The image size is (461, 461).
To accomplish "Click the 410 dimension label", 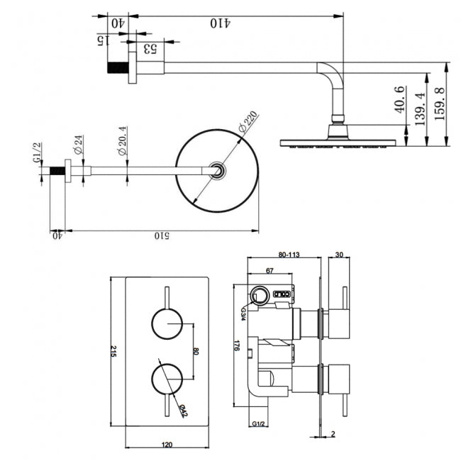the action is pos(220,23).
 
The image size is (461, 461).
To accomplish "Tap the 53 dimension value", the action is pos(150,48).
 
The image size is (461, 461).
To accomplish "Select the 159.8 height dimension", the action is pos(440,104).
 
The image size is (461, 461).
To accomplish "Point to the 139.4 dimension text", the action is pos(420,109).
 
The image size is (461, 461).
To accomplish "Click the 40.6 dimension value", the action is pos(400,99).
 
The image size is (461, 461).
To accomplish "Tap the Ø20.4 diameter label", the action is pos(122,140).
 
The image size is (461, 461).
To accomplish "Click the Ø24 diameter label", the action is pos(78,145).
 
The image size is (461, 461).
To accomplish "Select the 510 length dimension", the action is pos(162,235).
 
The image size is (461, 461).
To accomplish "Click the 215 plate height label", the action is pos(113,351).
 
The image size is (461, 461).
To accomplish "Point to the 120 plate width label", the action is pos(167,445).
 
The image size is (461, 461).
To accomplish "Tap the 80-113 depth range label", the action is pos(289,255).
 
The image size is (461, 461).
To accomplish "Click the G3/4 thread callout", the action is pos(243,314).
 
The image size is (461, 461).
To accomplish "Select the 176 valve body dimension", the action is pos(236,345).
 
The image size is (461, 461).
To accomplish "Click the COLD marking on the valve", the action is pos(282,294).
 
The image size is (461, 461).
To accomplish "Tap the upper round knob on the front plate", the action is pos(167,323).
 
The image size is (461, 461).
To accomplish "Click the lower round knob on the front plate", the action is pos(167,379).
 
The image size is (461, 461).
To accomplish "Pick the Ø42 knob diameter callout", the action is pos(183,411).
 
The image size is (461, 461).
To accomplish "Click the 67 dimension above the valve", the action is pos(270,270).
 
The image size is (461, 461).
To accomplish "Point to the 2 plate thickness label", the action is pos(333,434).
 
